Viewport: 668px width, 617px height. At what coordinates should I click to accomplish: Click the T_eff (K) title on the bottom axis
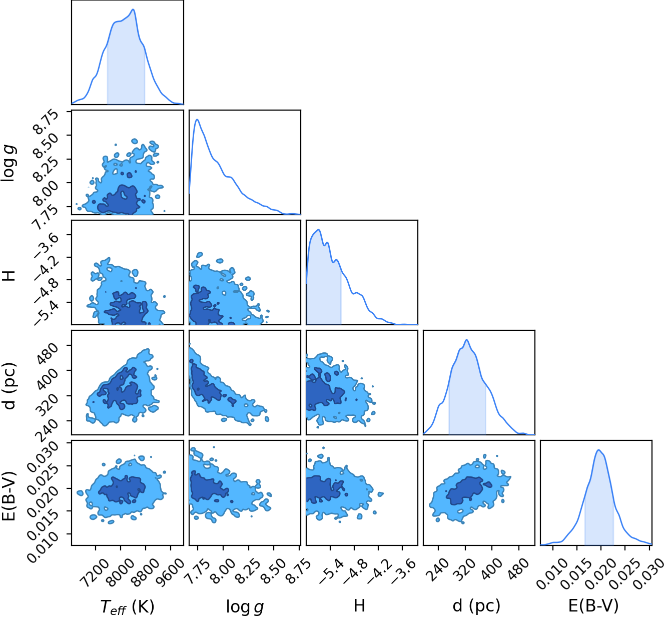click(127, 606)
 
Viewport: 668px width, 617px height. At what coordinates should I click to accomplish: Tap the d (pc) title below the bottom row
click(476, 605)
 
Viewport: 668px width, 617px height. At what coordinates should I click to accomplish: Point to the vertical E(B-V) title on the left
click(8, 492)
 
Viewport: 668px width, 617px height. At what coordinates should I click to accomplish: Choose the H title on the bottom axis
click(359, 605)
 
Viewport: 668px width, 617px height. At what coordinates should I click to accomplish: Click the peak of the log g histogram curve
click(198, 120)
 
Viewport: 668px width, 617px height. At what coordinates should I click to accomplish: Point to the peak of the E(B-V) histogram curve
click(598, 450)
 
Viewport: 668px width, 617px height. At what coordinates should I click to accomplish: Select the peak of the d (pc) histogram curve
click(467, 340)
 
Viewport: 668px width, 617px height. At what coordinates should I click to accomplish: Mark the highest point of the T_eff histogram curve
click(133, 10)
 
